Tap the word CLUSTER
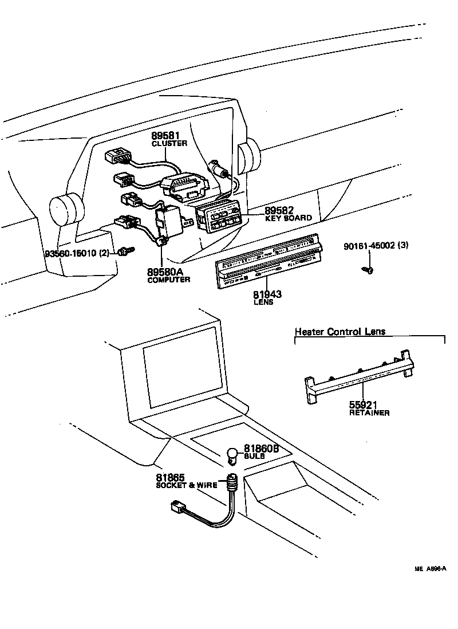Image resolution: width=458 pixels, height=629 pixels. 169,144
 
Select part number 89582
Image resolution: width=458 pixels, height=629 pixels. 282,210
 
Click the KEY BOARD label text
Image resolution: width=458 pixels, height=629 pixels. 288,218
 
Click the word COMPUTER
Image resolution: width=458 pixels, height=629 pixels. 169,280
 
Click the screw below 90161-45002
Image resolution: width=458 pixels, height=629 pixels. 369,269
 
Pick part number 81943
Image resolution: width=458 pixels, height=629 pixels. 267,294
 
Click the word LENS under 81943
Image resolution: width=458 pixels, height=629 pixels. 263,302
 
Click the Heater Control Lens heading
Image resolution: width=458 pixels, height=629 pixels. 340,331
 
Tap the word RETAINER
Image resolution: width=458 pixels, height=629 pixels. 369,412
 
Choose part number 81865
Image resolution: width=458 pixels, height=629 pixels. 171,477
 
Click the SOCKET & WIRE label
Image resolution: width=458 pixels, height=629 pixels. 187,485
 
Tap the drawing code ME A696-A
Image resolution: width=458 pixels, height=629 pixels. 430,569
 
